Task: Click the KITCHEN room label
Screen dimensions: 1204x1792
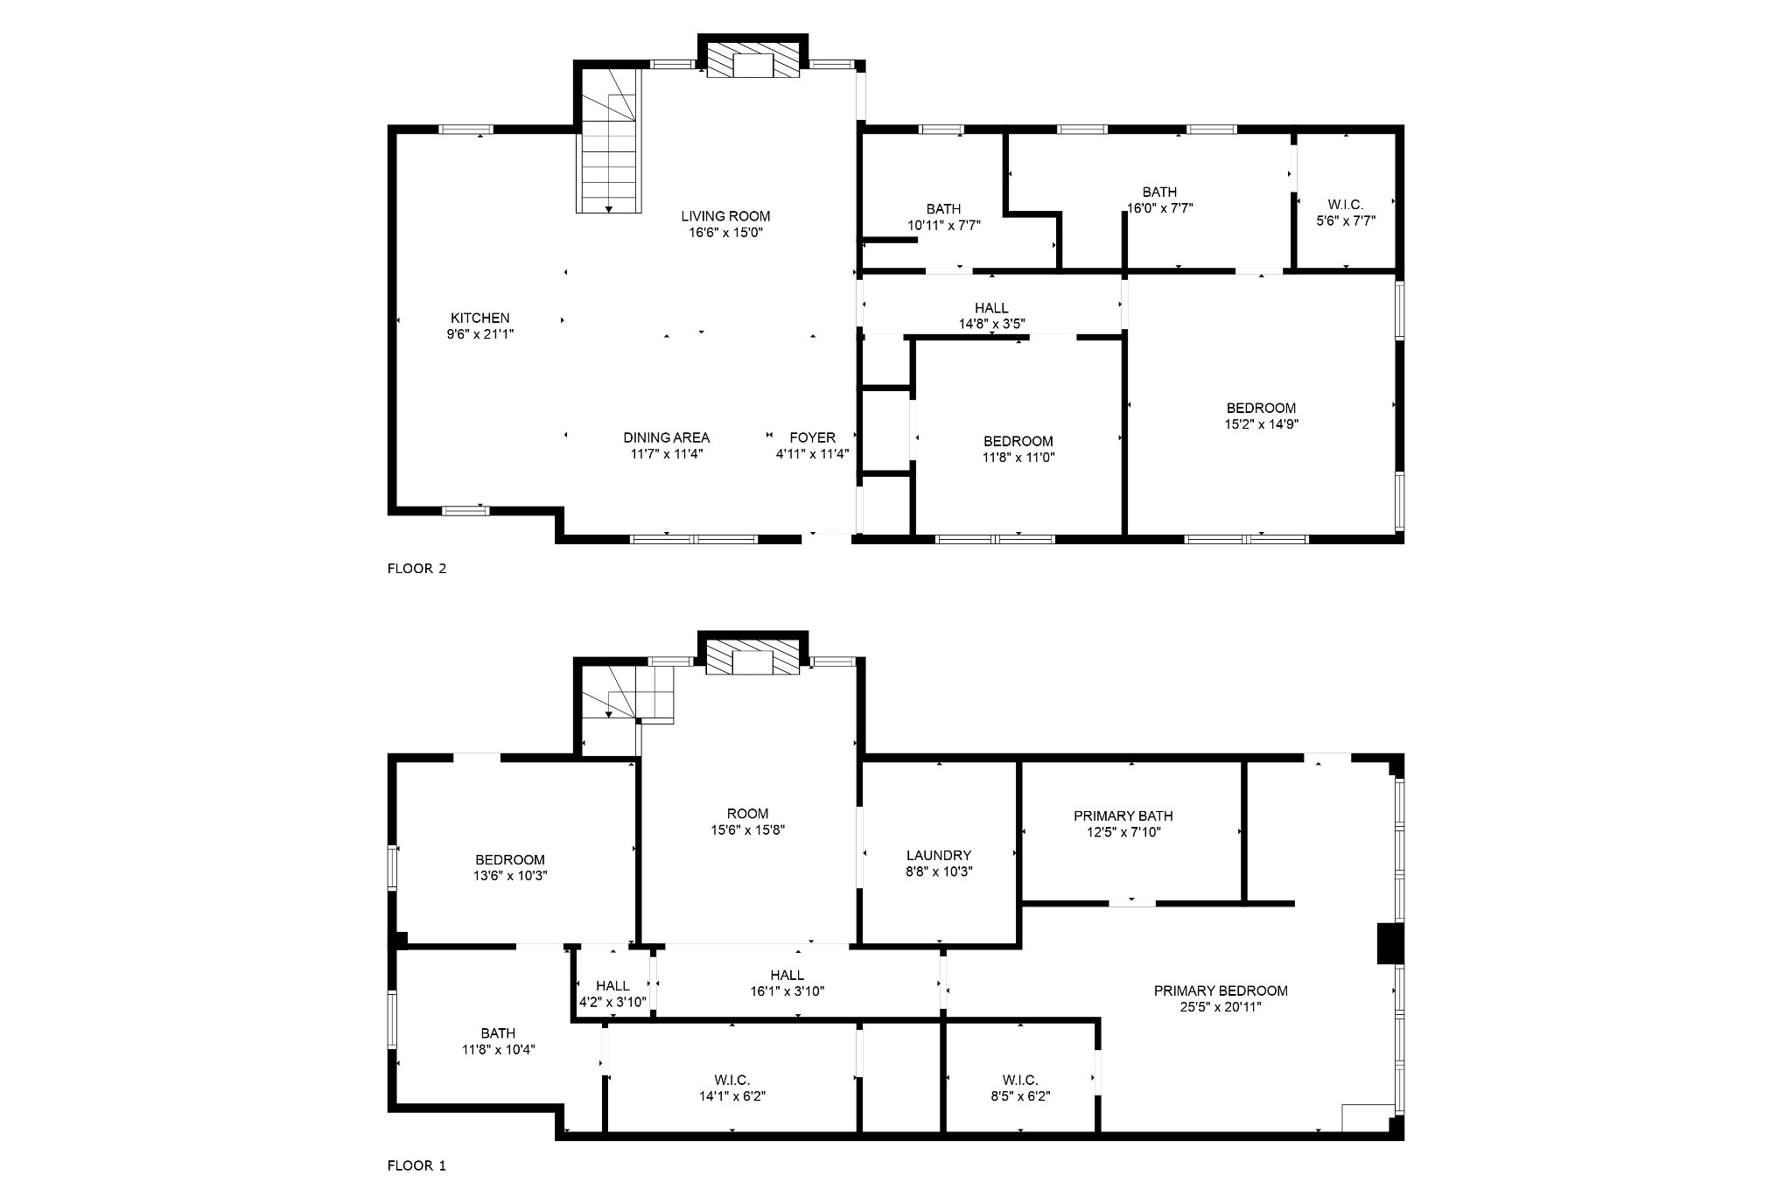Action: (x=479, y=318)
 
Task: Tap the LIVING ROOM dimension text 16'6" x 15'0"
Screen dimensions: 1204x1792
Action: (x=725, y=233)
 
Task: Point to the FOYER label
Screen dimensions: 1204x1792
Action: (x=812, y=437)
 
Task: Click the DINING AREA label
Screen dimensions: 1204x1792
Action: (x=666, y=437)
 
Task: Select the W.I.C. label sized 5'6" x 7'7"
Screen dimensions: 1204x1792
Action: (x=1345, y=205)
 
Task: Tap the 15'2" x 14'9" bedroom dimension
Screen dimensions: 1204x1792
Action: (x=1261, y=424)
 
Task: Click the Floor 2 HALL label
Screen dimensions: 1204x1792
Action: (x=991, y=308)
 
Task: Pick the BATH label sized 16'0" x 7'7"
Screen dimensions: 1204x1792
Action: (x=1159, y=192)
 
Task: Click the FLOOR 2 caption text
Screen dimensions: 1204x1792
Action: (x=416, y=569)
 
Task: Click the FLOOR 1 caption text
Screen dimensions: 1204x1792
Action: (x=416, y=1165)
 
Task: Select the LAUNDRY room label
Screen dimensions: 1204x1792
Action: (x=939, y=855)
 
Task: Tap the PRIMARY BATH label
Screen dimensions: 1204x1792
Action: (x=1123, y=815)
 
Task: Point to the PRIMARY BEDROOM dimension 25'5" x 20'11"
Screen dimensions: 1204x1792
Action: (x=1221, y=1007)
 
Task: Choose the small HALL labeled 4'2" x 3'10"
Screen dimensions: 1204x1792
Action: (x=612, y=986)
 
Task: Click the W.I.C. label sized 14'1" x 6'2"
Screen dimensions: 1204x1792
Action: (x=731, y=1080)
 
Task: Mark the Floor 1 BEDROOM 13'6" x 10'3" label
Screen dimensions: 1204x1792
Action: (x=510, y=860)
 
